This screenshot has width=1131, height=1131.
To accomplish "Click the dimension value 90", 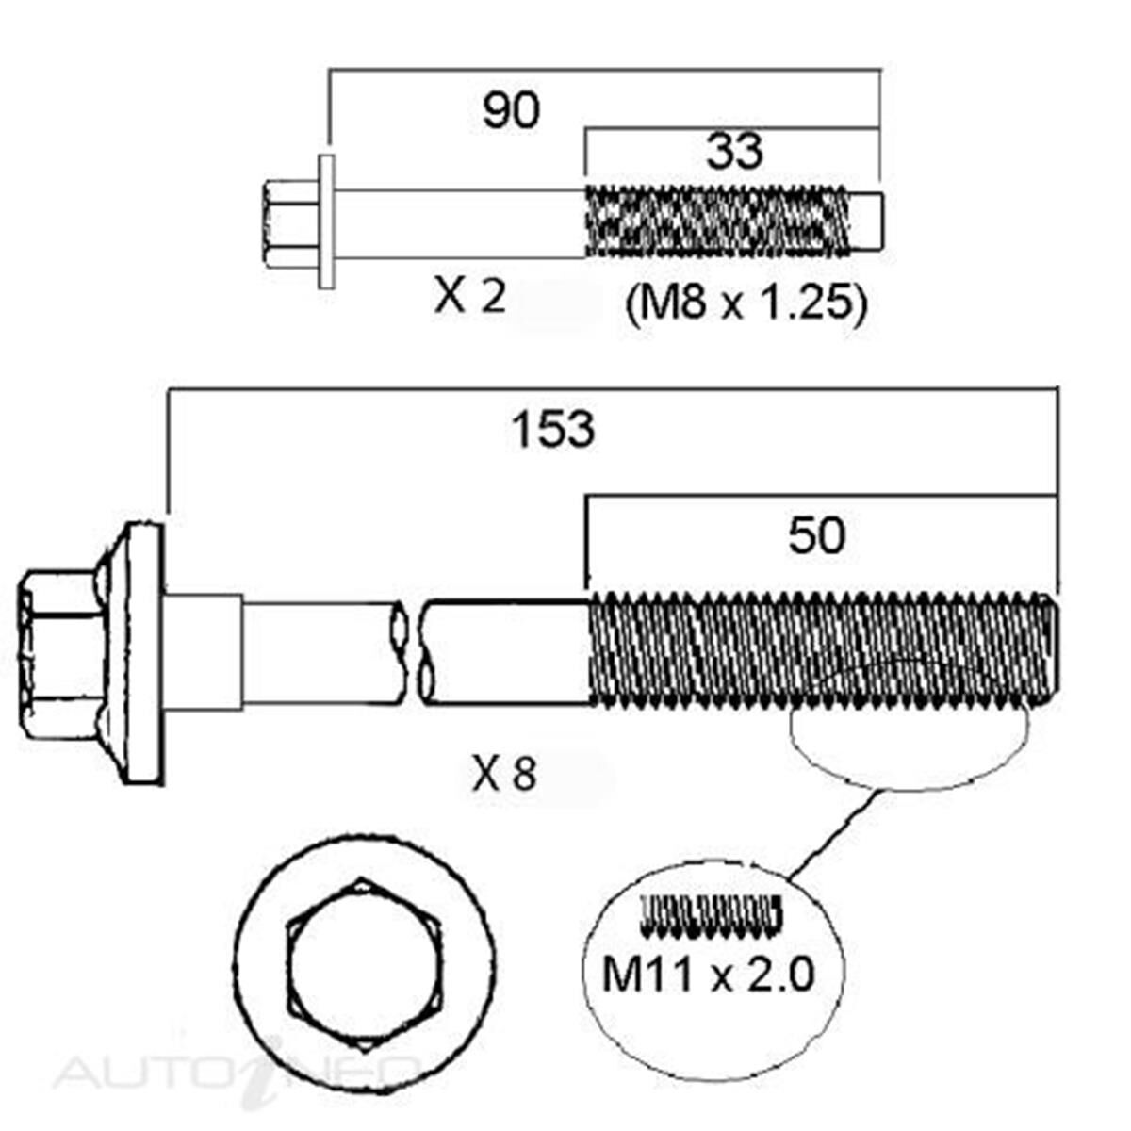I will tap(511, 110).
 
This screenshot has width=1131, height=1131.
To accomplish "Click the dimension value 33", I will tap(734, 151).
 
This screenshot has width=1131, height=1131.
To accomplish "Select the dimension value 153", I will tap(553, 430).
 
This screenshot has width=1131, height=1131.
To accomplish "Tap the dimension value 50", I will tap(816, 536).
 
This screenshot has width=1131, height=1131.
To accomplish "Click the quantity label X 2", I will tap(469, 299).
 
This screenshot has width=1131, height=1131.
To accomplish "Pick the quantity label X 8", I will tap(504, 776).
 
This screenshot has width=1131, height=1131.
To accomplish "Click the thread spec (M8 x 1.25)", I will tap(745, 303).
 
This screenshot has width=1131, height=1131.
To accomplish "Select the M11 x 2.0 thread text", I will tap(707, 975).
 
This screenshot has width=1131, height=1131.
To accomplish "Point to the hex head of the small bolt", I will tap(287, 223).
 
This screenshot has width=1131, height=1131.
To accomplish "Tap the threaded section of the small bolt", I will tap(716, 221).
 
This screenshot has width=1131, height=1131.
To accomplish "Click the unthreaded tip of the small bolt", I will tap(869, 221).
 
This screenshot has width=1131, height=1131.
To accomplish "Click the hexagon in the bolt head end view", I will tap(363, 966).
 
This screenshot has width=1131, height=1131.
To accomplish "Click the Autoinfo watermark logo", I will tap(236, 1073).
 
